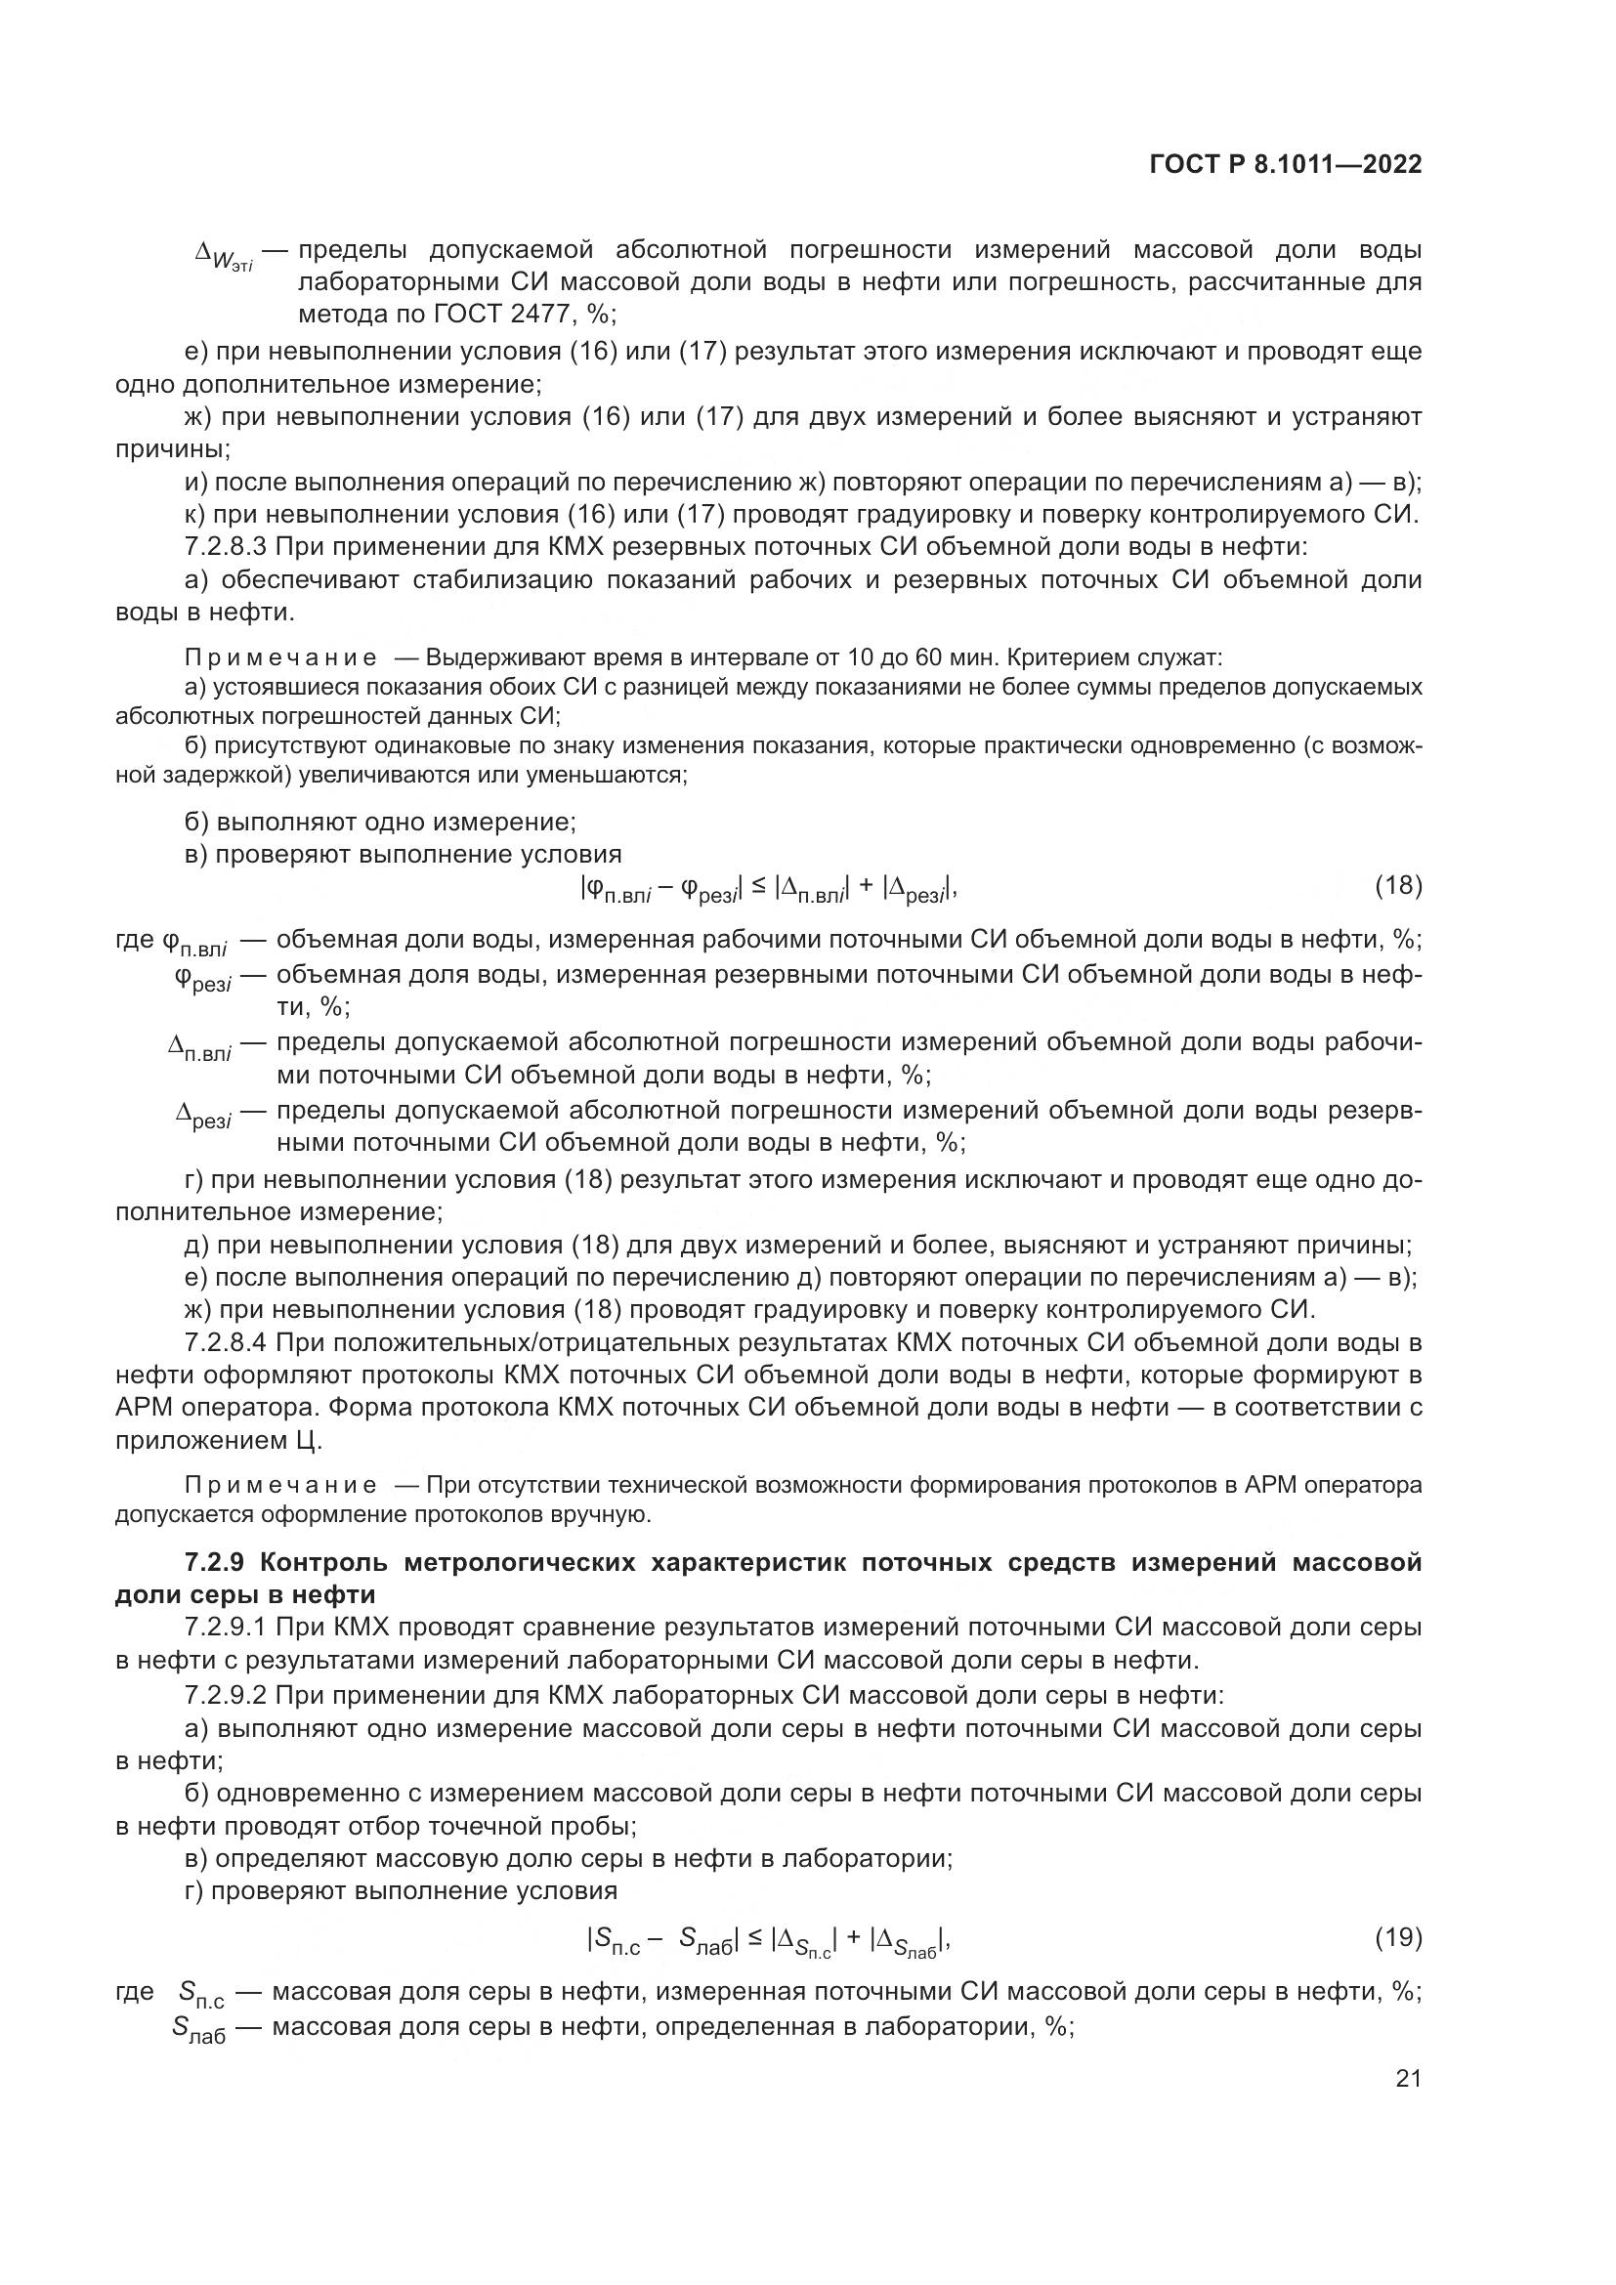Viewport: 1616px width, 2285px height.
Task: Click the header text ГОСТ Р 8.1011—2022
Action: pyautogui.click(x=1285, y=165)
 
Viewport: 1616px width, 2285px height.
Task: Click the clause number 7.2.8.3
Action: pyautogui.click(x=225, y=546)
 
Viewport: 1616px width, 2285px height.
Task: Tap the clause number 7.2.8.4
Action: pyautogui.click(x=225, y=1342)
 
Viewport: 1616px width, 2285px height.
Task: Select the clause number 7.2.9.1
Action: pyautogui.click(x=225, y=1628)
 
